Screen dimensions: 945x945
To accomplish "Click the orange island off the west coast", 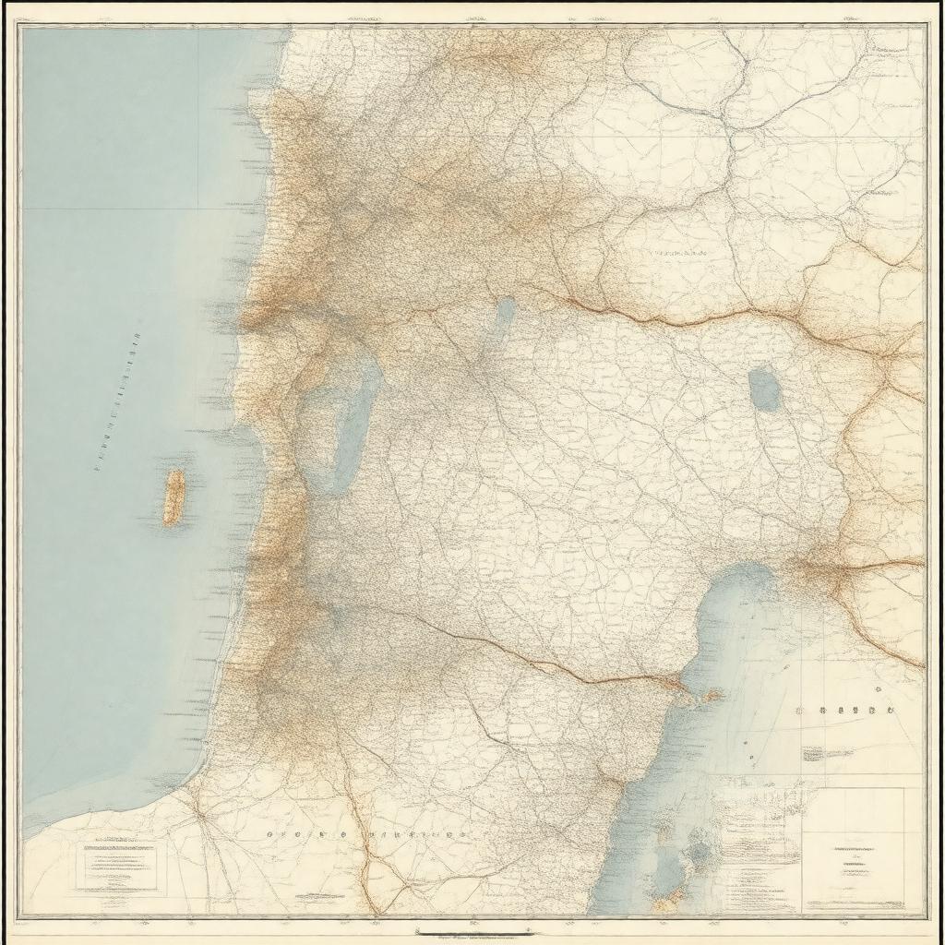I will (x=173, y=496).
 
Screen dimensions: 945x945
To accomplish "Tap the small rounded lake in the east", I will (x=764, y=389).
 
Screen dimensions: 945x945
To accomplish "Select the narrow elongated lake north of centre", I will (x=503, y=318).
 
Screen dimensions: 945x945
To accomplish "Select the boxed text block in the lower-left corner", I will (x=117, y=866).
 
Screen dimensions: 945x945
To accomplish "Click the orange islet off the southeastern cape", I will (x=712, y=694).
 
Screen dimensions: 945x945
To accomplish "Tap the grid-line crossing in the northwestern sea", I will (x=199, y=209).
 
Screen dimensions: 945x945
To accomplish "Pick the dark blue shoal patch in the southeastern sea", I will (x=701, y=854).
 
